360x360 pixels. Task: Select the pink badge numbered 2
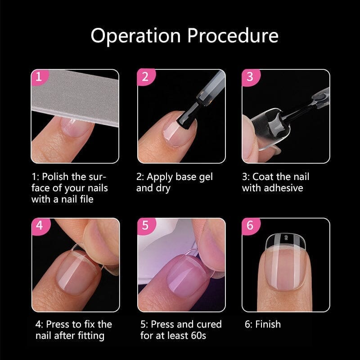click(144, 76)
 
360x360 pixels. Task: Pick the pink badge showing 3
click(250, 76)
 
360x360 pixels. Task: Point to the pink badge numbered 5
click(144, 225)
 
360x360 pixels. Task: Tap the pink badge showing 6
click(250, 225)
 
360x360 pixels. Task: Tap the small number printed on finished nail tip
click(284, 237)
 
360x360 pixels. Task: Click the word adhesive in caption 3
click(283, 188)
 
